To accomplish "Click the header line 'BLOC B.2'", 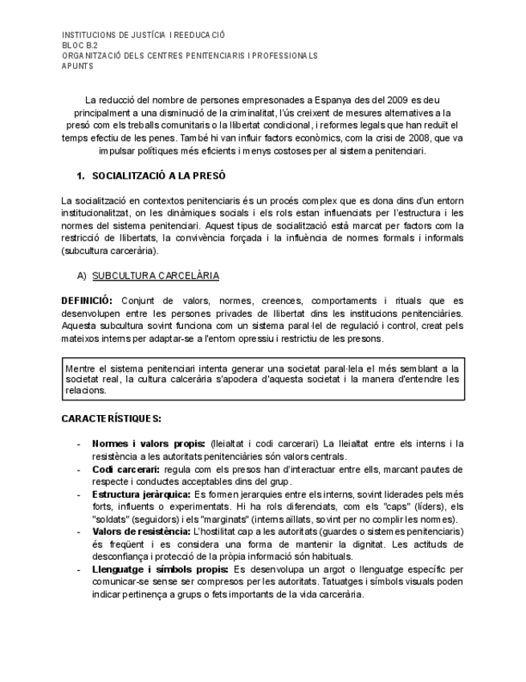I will click(x=80, y=46).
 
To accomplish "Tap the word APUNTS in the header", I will click(x=78, y=66).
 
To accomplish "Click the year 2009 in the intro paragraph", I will click(x=390, y=101).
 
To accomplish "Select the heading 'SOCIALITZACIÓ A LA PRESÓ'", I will click(x=158, y=175).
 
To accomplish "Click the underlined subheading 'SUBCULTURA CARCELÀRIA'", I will click(x=155, y=276).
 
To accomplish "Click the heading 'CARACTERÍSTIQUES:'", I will click(x=111, y=418).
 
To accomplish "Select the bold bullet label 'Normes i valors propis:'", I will click(x=149, y=443).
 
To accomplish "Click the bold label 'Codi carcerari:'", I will click(x=126, y=468).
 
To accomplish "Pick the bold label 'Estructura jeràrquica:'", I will click(x=141, y=493).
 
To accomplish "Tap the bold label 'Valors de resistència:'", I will click(x=141, y=531).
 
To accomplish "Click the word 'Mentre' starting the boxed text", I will click(x=81, y=367).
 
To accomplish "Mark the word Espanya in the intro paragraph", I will click(x=324, y=101).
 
